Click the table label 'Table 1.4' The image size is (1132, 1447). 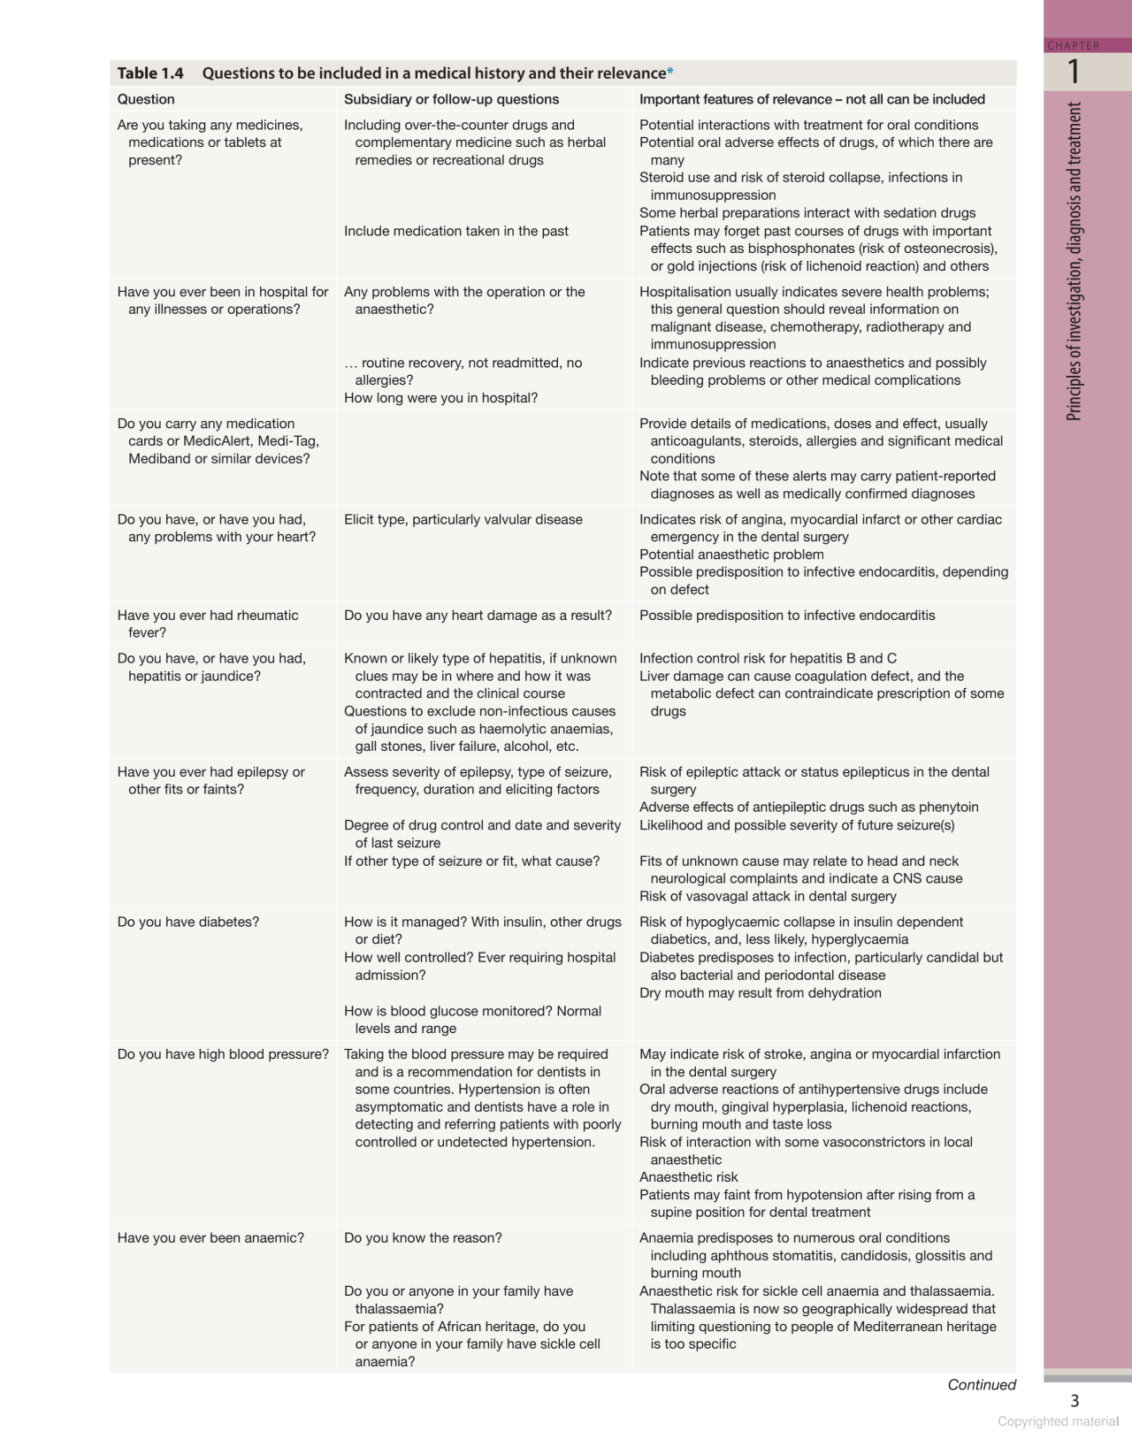click(x=150, y=73)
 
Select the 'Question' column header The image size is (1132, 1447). click(x=146, y=99)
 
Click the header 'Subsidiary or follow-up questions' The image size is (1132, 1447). click(x=451, y=99)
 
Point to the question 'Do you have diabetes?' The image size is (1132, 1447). click(x=188, y=922)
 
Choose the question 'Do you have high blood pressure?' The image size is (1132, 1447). click(x=223, y=1054)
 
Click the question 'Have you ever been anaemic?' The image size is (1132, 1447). click(x=210, y=1238)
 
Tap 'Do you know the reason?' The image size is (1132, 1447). click(x=423, y=1238)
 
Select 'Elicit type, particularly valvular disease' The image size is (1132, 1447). click(x=463, y=519)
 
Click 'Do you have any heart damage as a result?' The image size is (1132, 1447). click(x=478, y=616)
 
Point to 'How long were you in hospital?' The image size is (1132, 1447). click(x=440, y=398)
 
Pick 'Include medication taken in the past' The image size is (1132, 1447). click(x=456, y=231)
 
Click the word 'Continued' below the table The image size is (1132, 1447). click(x=982, y=1385)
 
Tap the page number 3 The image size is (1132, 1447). click(x=1075, y=1401)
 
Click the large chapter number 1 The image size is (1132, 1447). click(x=1074, y=72)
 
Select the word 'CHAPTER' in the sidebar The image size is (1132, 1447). click(x=1074, y=46)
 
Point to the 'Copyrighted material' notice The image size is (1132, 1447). click(x=1059, y=1421)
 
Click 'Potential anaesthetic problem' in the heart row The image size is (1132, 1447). click(x=731, y=555)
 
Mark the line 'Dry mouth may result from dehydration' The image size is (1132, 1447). click(x=761, y=993)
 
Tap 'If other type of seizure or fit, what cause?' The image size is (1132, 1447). click(x=471, y=861)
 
